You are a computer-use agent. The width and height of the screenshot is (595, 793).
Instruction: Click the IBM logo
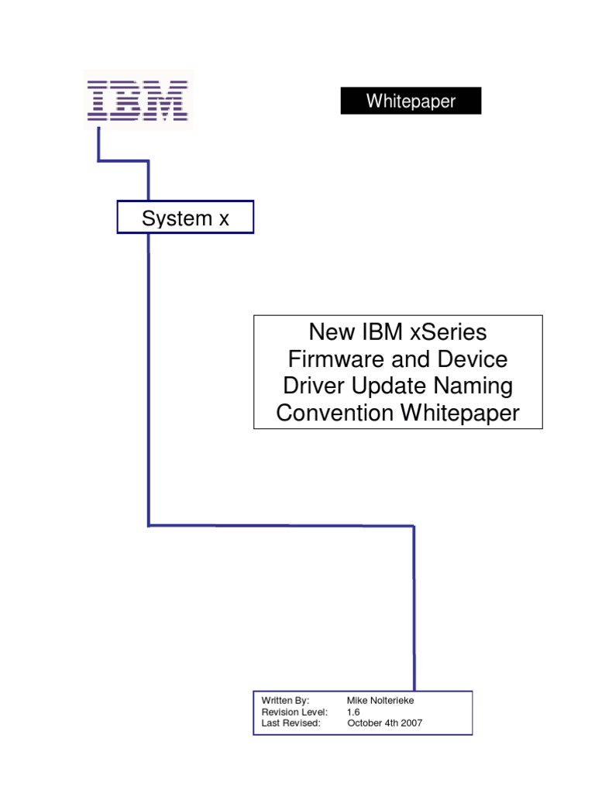138,100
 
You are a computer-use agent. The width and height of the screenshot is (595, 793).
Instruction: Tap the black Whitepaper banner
411,101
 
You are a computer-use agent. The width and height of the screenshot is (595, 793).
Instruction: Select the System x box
185,218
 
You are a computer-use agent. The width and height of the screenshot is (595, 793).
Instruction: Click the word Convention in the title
335,413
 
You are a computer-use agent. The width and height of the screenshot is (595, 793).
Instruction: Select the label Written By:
285,700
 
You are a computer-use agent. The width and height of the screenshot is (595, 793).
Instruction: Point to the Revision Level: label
294,712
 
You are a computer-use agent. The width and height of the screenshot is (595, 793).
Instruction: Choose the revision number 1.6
354,712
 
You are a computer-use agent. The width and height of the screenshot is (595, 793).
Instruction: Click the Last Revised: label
291,723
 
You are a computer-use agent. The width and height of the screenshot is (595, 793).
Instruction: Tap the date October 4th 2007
385,723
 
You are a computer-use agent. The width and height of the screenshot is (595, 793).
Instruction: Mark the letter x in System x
224,219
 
